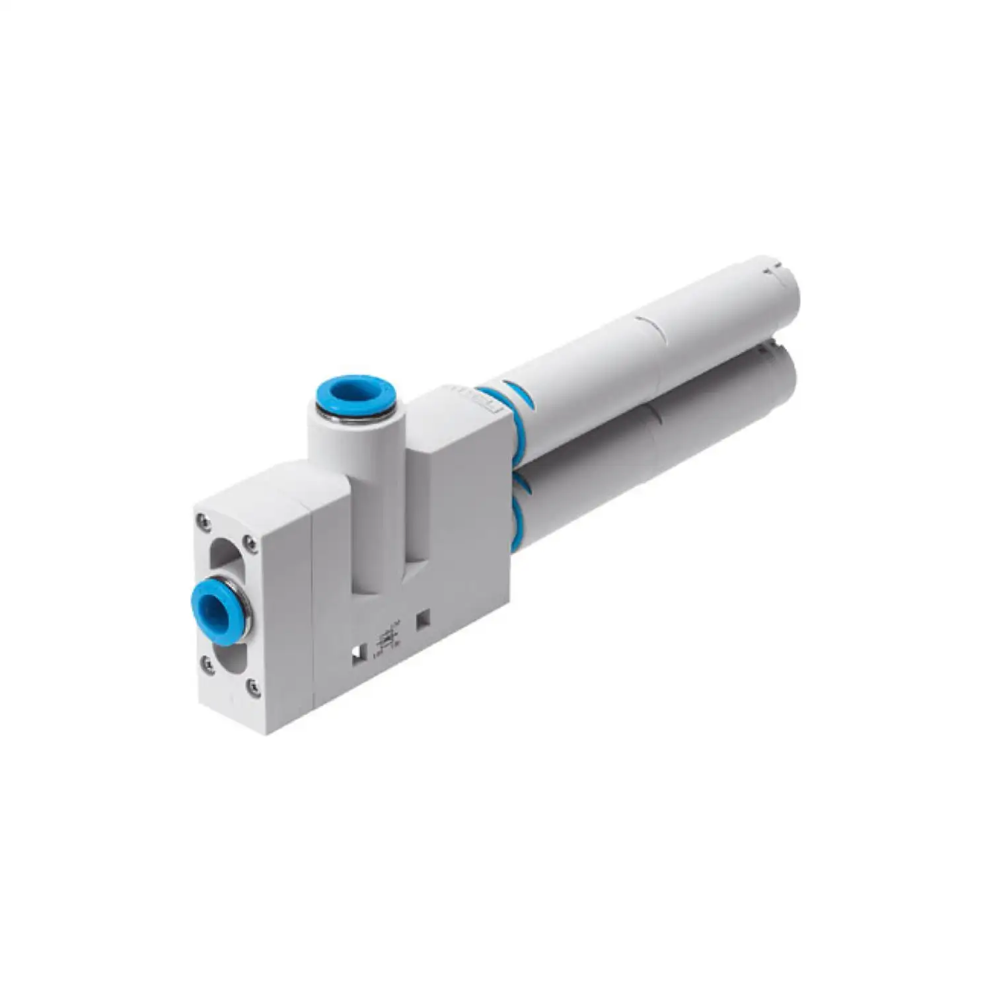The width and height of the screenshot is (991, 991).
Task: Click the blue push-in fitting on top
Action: click(x=355, y=398)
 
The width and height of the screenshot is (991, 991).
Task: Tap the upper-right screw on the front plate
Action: click(x=250, y=543)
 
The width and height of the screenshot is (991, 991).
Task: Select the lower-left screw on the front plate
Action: click(x=207, y=663)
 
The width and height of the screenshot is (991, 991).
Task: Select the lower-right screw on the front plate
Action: click(x=253, y=687)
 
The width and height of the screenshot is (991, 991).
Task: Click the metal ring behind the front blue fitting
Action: click(x=245, y=611)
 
